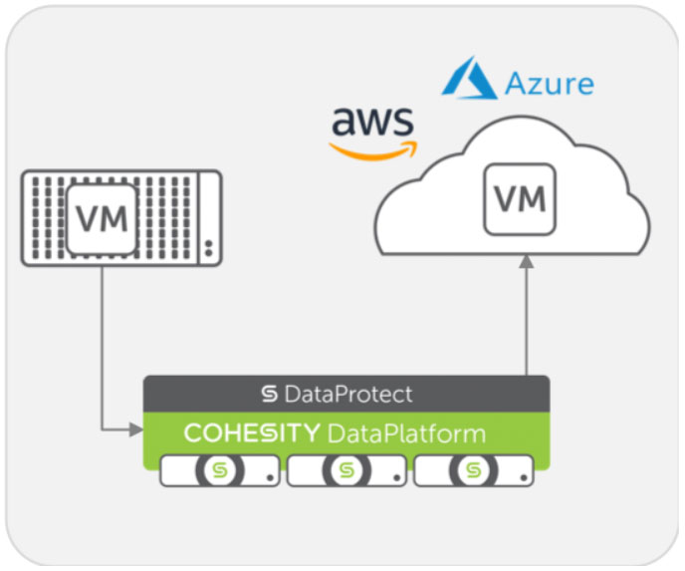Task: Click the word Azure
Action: pyautogui.click(x=548, y=81)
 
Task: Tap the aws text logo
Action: pyautogui.click(x=372, y=125)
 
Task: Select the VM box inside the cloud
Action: pyautogui.click(x=519, y=200)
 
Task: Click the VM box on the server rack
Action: pyautogui.click(x=102, y=218)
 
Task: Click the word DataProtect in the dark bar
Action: pyautogui.click(x=347, y=395)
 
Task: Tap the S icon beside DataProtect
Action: pyautogui.click(x=269, y=395)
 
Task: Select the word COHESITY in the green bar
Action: pyautogui.click(x=251, y=433)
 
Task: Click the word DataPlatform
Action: pyautogui.click(x=406, y=433)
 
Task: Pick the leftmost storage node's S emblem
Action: pyautogui.click(x=220, y=469)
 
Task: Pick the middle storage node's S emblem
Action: pyautogui.click(x=346, y=469)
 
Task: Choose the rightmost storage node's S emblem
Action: pyautogui.click(x=474, y=469)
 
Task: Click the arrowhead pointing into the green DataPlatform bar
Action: pyautogui.click(x=137, y=430)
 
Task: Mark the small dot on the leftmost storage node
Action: pyautogui.click(x=271, y=476)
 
